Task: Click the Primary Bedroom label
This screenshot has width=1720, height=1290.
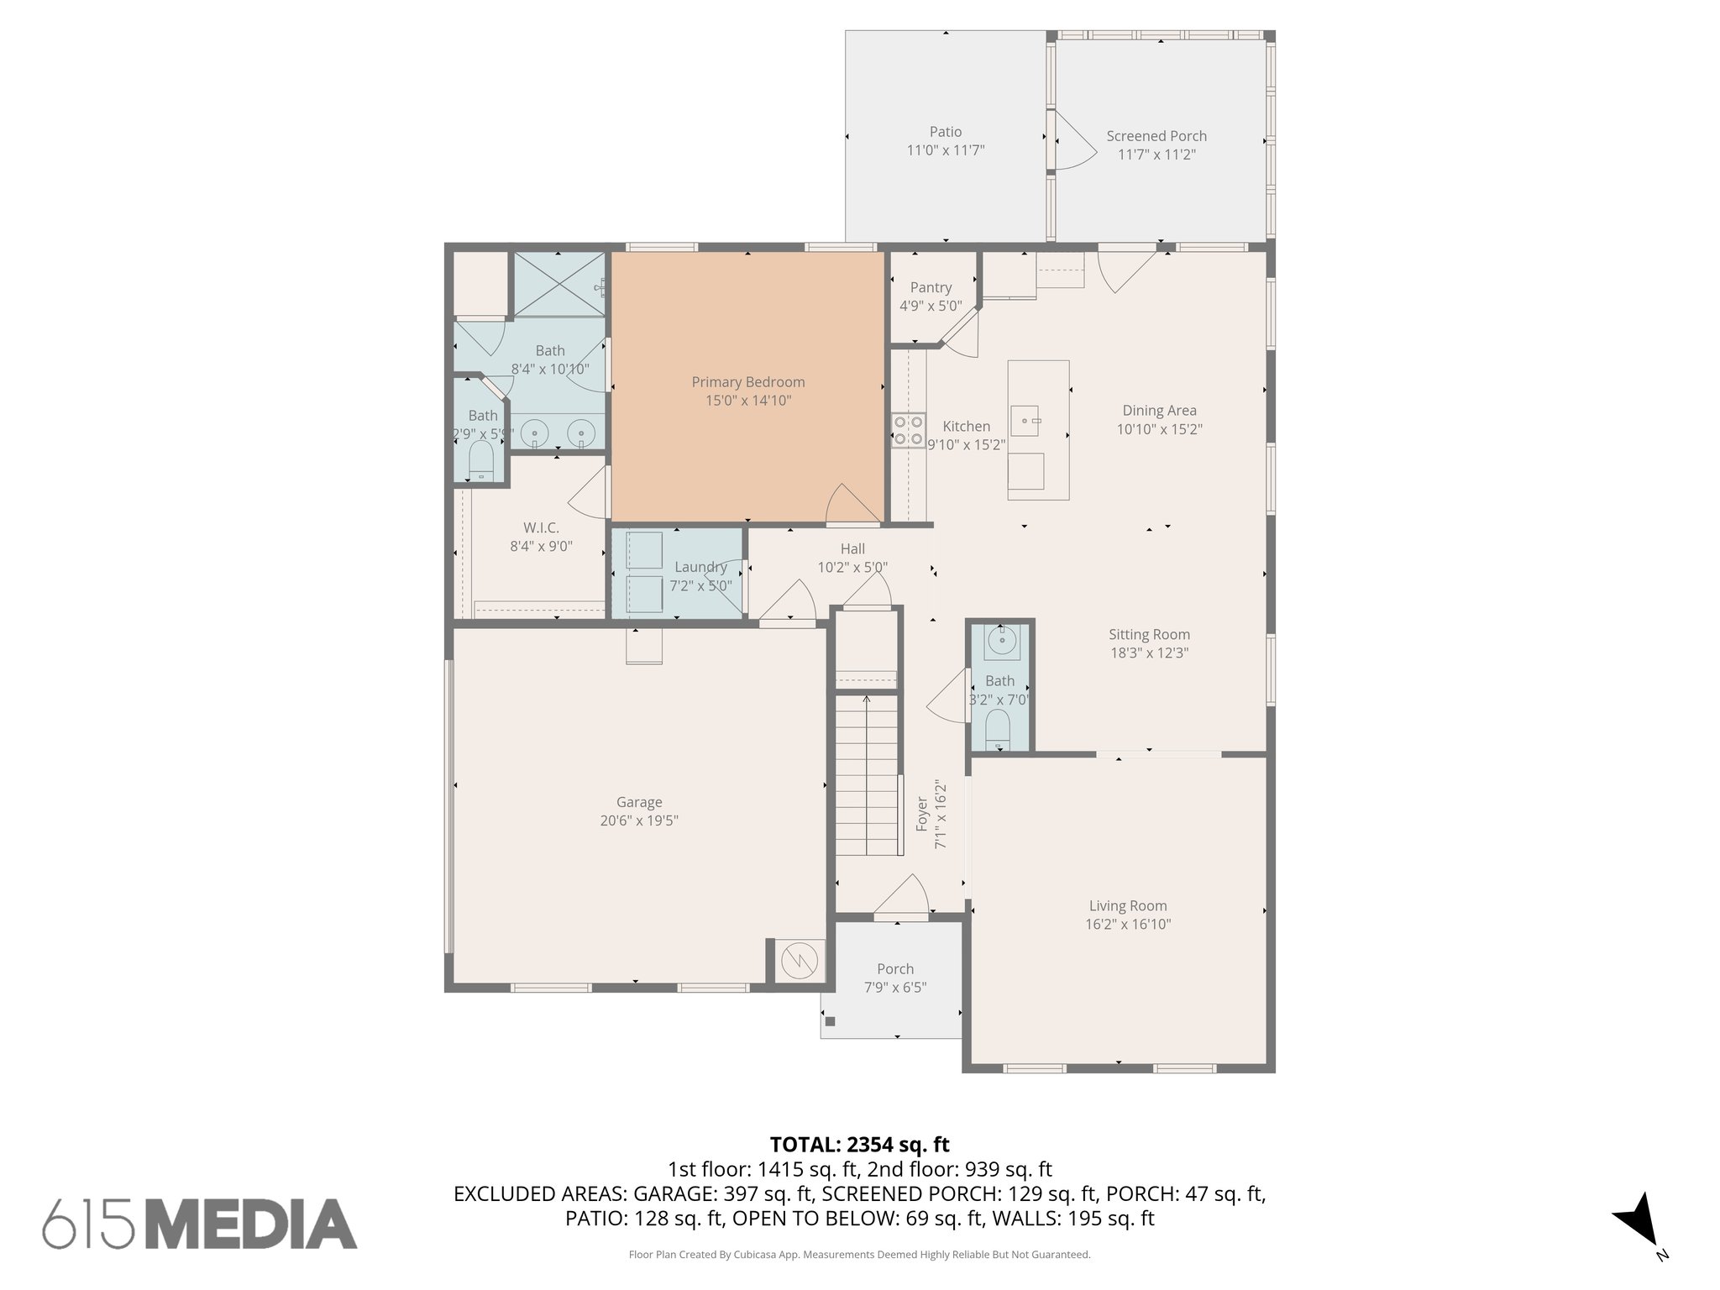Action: coord(747,382)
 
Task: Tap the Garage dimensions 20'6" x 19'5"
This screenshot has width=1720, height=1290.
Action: coord(638,821)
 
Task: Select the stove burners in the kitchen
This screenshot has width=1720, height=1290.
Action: coord(908,429)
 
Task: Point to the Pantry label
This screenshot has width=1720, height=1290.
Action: coord(931,287)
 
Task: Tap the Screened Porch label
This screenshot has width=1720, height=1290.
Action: coord(1156,136)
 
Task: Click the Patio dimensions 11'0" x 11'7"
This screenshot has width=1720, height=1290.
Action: coord(945,150)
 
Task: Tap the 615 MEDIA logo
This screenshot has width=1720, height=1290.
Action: coord(200,1223)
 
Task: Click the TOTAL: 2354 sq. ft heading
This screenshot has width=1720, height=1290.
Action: coord(859,1145)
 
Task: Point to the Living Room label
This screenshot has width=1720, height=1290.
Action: coord(1127,905)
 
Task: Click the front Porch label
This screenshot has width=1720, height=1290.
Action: coord(894,968)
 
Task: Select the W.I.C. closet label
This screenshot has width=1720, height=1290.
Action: coord(541,527)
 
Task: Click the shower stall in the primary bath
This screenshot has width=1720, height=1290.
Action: coord(558,284)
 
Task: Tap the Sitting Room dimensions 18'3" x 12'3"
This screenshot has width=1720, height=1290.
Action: coord(1149,653)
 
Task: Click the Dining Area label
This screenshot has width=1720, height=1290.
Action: coord(1159,411)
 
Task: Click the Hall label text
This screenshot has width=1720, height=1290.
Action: coord(852,549)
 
